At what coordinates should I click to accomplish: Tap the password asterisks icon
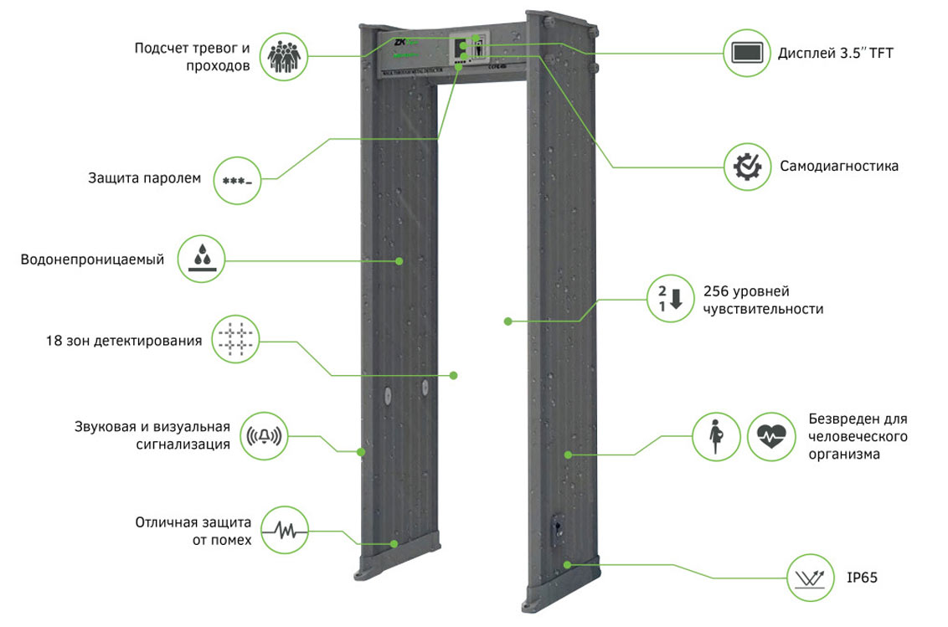coord(238,178)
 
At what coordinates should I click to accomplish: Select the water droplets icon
coord(202,260)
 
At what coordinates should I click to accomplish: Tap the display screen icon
coord(747,54)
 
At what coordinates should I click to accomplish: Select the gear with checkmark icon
coord(746,166)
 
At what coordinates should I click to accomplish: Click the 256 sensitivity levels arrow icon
coord(668,297)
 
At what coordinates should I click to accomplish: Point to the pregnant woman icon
coord(716,436)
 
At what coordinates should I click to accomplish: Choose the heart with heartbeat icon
coord(770,436)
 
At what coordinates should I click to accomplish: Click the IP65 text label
coord(861,578)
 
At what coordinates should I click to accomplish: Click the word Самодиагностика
coord(839,166)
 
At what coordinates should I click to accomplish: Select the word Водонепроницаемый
coord(92,260)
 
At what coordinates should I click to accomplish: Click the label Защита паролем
coord(144,177)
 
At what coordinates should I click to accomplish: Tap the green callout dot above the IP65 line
coord(568,564)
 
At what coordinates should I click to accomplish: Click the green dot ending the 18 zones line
coord(455,375)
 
